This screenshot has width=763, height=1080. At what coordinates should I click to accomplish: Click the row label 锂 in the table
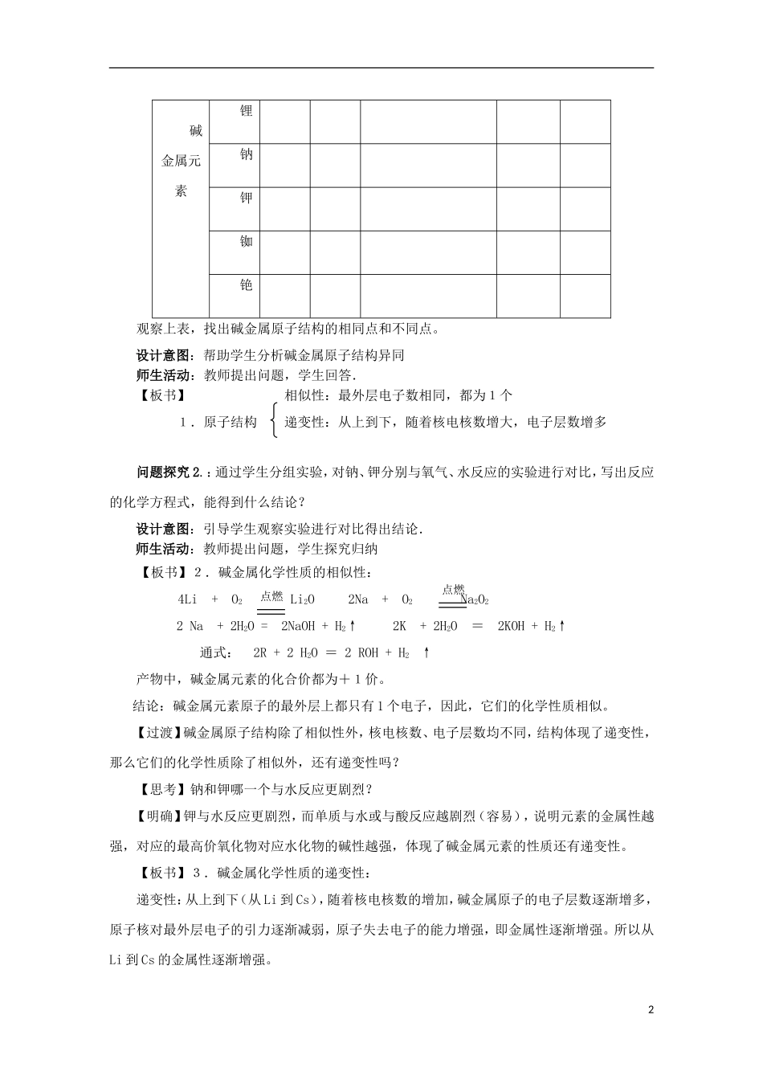click(x=247, y=111)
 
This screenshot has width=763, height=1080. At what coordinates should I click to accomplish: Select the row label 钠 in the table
click(x=247, y=154)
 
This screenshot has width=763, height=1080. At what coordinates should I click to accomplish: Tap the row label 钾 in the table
click(x=247, y=198)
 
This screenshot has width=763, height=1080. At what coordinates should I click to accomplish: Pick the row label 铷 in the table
click(x=247, y=241)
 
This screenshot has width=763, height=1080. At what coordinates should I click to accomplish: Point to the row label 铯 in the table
click(x=247, y=284)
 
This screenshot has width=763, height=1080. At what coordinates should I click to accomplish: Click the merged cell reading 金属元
click(x=181, y=161)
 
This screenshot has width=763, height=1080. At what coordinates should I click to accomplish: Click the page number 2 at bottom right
click(x=651, y=1008)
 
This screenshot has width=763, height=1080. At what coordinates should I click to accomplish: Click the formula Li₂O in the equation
click(x=302, y=599)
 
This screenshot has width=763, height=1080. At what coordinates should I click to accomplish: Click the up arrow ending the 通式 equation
click(x=426, y=652)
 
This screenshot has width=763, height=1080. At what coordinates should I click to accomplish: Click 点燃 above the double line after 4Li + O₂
click(x=271, y=595)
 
